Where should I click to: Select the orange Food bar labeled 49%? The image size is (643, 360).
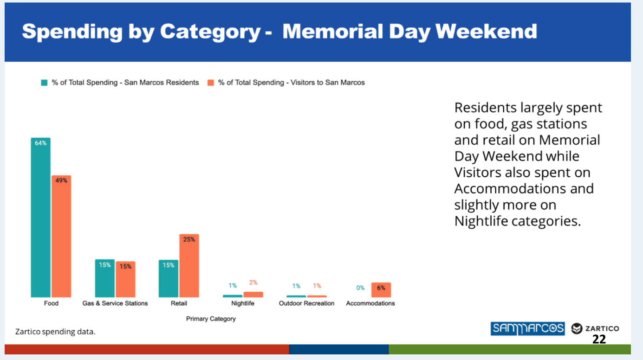(61, 236)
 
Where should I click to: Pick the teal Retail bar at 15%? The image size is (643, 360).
(169, 278)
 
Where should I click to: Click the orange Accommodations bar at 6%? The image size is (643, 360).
(381, 290)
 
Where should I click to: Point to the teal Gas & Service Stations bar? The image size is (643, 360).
(105, 278)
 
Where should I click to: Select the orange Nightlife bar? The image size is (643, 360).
(253, 295)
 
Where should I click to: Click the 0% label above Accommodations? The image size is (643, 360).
(360, 288)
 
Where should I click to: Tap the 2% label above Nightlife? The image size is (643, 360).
(253, 283)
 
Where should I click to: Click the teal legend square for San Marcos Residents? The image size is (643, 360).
(45, 83)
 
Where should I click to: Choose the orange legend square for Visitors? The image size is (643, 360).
(211, 83)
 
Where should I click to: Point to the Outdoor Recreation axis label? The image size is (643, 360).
(306, 303)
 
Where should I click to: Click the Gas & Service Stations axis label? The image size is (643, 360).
(115, 303)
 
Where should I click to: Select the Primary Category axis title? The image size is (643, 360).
(211, 319)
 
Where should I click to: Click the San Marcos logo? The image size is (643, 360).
(527, 328)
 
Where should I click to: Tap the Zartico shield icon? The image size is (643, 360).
(577, 328)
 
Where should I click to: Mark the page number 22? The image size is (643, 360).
(599, 340)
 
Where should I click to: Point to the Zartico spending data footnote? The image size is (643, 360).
(55, 332)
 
